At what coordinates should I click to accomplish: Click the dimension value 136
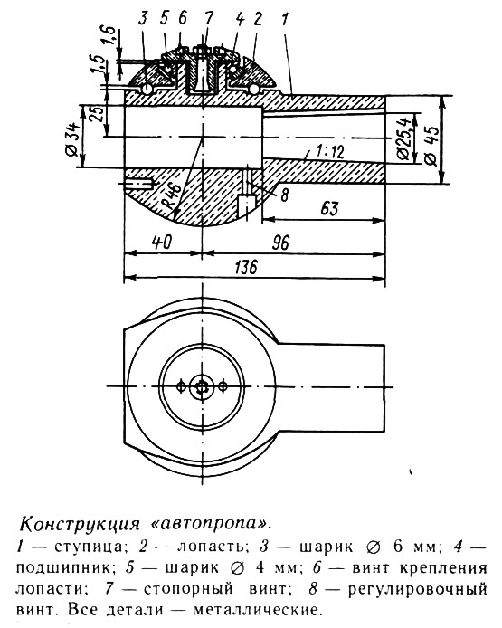pos(246,267)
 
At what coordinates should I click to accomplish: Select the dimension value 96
pos(280,243)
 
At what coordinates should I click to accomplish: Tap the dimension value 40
pos(162,242)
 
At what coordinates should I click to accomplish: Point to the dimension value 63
pos(329,208)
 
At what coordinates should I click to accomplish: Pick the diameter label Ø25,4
pos(405,138)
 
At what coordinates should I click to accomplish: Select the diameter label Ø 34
pos(73,138)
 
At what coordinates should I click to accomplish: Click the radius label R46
pos(172,195)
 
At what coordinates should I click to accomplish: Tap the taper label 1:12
pos(329,152)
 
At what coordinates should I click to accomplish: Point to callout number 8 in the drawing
pos(285,195)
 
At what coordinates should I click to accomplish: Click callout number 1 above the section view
pos(285,19)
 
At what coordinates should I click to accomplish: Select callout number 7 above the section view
pos(208,18)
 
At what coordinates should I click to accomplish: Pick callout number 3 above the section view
pos(143,18)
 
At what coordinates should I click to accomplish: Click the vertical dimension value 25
pos(100,115)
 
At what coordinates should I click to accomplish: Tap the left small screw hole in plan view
pos(181,386)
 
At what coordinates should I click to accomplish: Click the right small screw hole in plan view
pos(223,386)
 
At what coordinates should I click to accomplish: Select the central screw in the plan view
pos(202,387)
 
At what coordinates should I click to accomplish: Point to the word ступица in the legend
pos(87,547)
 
